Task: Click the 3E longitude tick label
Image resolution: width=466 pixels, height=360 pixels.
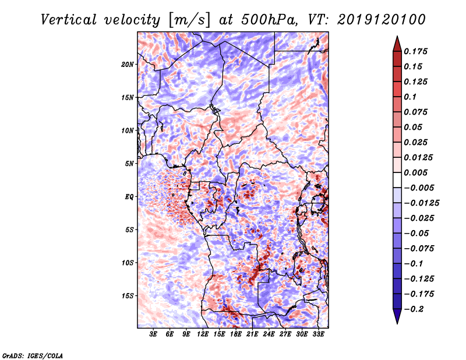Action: click(153, 334)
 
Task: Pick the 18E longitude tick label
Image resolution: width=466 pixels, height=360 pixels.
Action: click(236, 334)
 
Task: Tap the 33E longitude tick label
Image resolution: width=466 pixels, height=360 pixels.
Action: click(319, 334)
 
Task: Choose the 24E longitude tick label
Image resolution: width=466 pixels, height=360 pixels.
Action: click(269, 334)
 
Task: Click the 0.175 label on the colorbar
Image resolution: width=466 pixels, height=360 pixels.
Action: click(416, 51)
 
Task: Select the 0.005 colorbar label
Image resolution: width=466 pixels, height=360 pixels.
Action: click(416, 172)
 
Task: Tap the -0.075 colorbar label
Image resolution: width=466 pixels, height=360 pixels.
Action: click(418, 248)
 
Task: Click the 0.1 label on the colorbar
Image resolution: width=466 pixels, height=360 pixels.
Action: click(410, 97)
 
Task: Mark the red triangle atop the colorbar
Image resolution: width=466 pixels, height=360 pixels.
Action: click(396, 42)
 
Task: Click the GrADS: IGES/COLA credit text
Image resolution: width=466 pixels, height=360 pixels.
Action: click(32, 355)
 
